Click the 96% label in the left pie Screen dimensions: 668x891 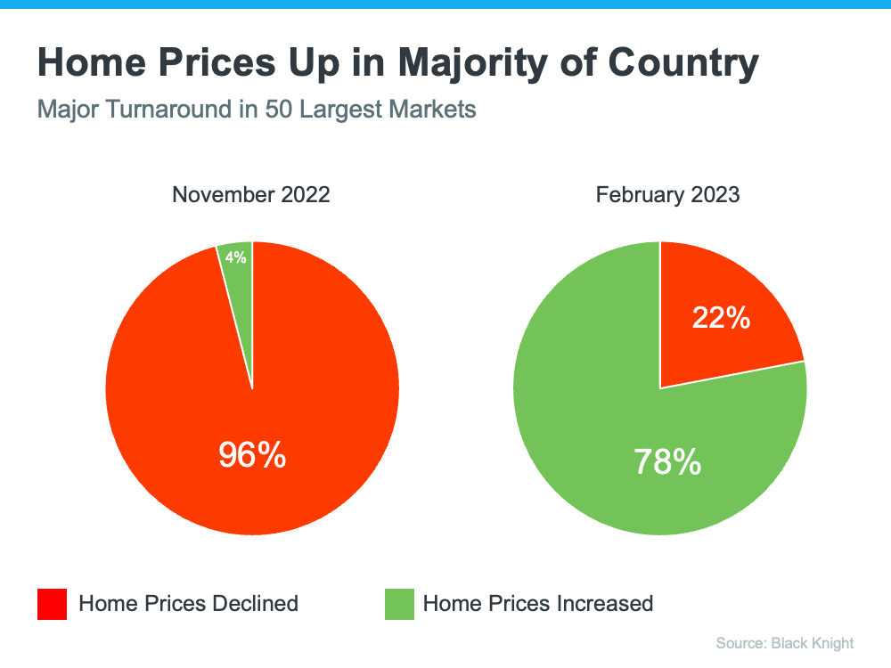tap(252, 455)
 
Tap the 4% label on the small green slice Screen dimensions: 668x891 tap(236, 257)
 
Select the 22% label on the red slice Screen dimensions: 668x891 tap(721, 317)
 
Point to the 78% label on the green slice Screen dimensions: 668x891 tap(667, 461)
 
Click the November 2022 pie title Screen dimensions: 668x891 tap(251, 194)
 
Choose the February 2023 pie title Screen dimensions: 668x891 tap(667, 194)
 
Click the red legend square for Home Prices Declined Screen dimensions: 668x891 tap(52, 604)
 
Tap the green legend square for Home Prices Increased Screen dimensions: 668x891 tap(399, 604)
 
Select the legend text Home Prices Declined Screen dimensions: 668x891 tap(188, 603)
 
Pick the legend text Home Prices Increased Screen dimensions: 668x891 tap(538, 603)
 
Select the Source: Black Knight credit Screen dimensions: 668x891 tap(784, 643)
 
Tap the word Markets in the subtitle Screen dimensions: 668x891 tap(434, 110)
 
